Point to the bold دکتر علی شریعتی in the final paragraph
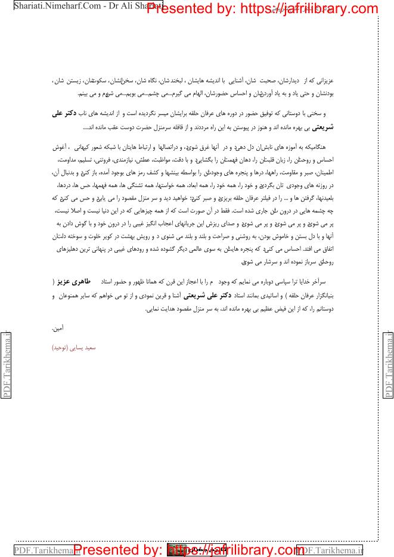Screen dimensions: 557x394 [203, 294]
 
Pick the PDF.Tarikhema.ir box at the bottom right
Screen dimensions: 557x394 [330, 549]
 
